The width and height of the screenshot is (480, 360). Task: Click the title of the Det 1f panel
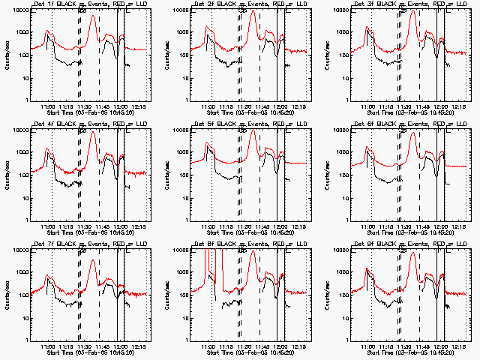click(90, 4)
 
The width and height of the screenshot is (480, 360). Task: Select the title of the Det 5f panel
click(250, 124)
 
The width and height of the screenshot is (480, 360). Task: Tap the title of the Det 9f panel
click(409, 244)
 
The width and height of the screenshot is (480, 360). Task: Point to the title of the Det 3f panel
click(409, 4)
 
